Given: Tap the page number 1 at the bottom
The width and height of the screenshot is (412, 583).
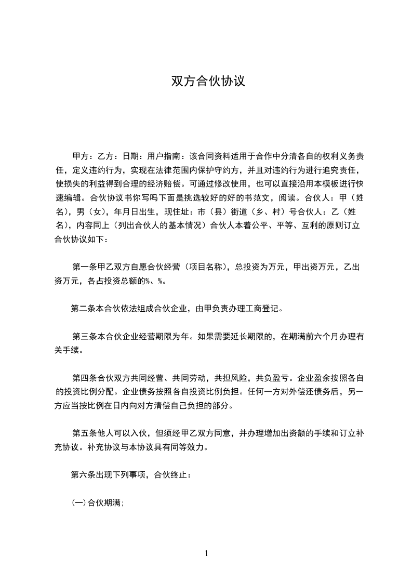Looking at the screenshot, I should click(206, 553).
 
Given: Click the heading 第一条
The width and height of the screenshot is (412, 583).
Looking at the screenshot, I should click(85, 268).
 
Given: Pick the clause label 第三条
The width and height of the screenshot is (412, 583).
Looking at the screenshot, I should click(85, 336).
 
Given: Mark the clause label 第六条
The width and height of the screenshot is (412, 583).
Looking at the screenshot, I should click(84, 475).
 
